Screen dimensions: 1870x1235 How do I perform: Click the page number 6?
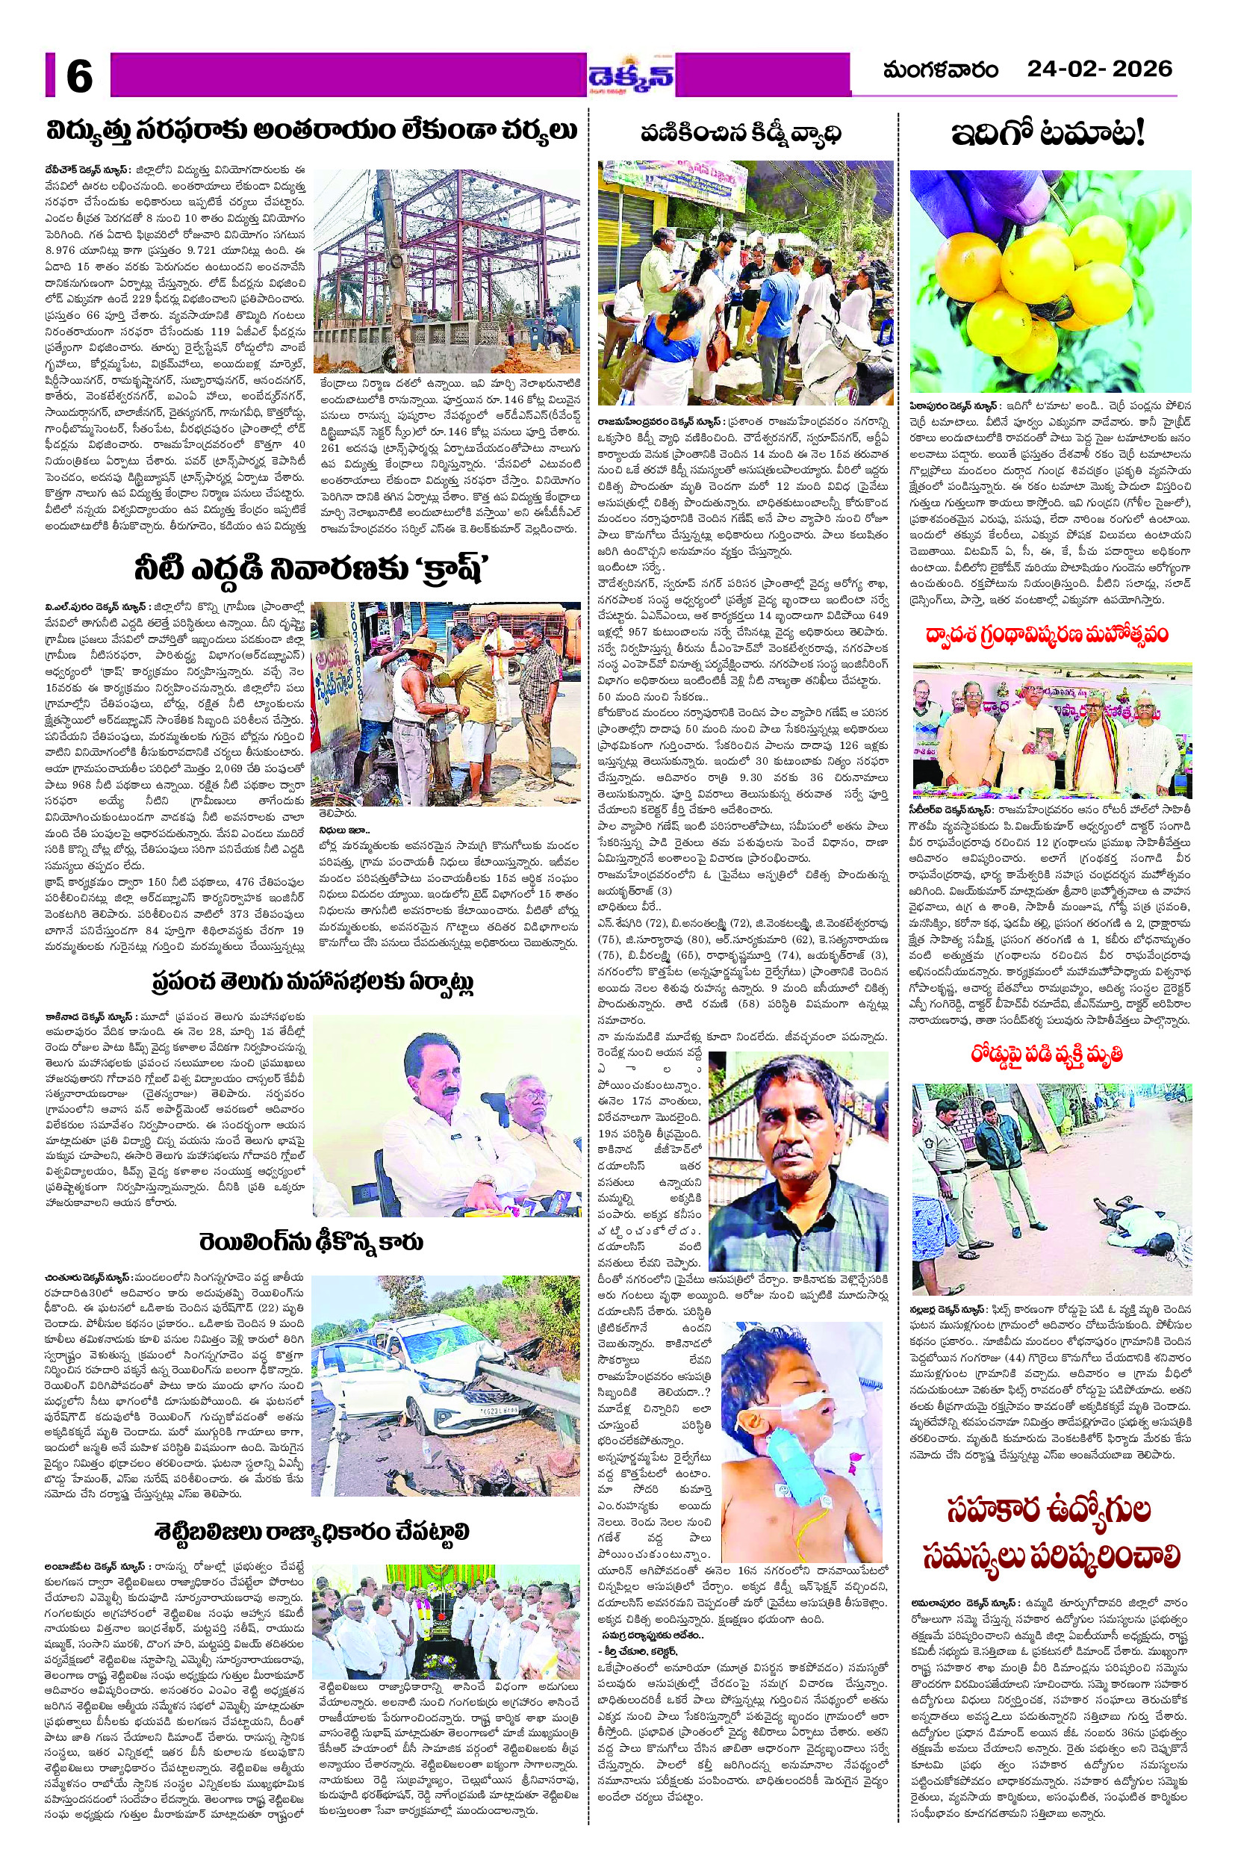[78, 76]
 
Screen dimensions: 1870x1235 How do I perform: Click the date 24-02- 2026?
[1100, 69]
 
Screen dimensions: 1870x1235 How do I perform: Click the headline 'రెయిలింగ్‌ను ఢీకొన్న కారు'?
[312, 1242]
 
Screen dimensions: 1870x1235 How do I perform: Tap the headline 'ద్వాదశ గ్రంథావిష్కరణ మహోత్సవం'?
[1051, 635]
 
